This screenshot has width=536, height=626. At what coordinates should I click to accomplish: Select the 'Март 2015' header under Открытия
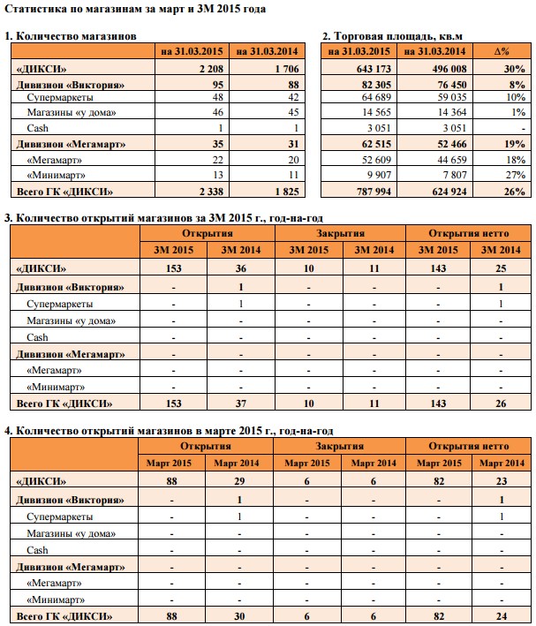point(173,464)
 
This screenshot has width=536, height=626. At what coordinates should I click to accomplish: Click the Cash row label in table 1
point(38,129)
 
